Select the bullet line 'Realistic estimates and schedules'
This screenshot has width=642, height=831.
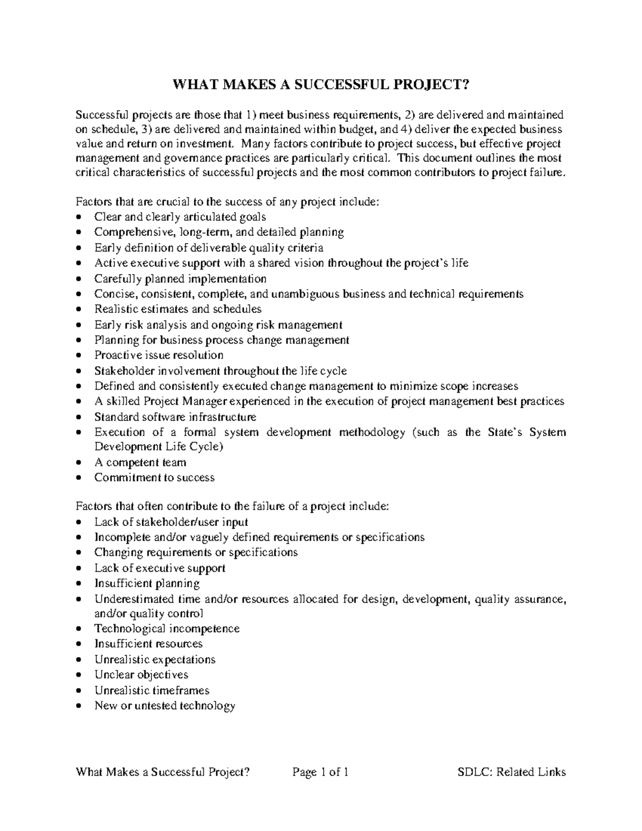click(x=178, y=309)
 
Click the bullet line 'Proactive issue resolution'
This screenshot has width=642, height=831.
click(x=159, y=355)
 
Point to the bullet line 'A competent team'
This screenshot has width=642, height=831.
click(x=140, y=462)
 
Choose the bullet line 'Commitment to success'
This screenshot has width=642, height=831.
click(x=154, y=478)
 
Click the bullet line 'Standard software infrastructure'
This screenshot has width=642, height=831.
click(x=175, y=417)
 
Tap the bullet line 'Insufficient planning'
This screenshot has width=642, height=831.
click(x=147, y=583)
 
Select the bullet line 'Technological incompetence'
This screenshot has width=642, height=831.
click(x=167, y=629)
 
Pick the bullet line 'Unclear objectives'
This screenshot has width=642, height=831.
click(x=141, y=675)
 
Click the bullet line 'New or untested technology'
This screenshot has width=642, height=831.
click(x=165, y=706)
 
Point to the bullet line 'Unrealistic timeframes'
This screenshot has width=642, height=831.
click(x=152, y=690)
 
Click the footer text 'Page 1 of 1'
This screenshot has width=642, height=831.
click(x=320, y=772)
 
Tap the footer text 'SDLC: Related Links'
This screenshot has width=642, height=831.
click(x=511, y=772)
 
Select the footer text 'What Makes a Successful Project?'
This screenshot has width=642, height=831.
click(x=163, y=772)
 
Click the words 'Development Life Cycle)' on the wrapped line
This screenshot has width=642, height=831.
click(x=158, y=447)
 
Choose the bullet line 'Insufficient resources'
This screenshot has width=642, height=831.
click(x=148, y=644)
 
